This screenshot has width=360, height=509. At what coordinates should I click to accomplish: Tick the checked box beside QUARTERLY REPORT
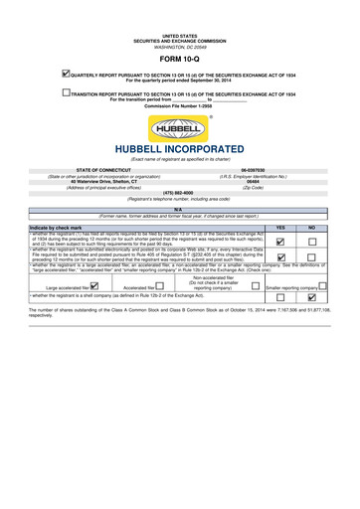65,72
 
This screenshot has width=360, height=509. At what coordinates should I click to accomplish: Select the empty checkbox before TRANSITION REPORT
65,92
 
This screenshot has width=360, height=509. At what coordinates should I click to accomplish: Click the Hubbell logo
179,128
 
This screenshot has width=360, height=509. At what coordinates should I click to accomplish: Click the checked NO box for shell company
311,297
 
